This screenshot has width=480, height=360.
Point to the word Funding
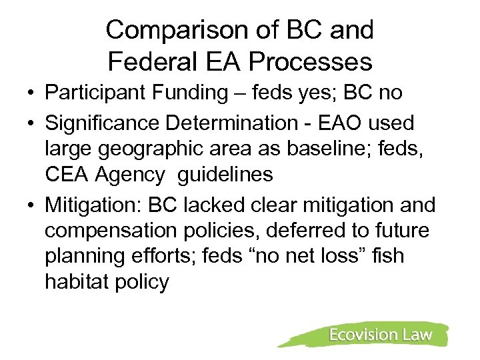pos(196,93)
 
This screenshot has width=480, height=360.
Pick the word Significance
pos(105,123)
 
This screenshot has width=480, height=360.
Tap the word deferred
pos(305,231)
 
